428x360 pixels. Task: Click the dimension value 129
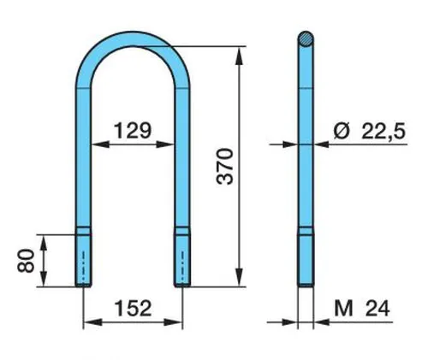pyautogui.click(x=133, y=131)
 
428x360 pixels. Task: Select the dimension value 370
pyautogui.click(x=225, y=167)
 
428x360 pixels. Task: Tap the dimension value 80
pyautogui.click(x=26, y=261)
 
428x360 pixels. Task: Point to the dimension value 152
pyautogui.click(x=133, y=308)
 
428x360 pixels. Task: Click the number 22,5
pyautogui.click(x=383, y=132)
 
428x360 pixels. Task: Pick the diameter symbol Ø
pyautogui.click(x=342, y=131)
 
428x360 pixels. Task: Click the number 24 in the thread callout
pyautogui.click(x=377, y=309)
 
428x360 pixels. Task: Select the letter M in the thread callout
pyautogui.click(x=343, y=309)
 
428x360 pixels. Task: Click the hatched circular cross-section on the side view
pyautogui.click(x=306, y=38)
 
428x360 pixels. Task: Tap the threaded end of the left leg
pyautogui.click(x=83, y=260)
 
